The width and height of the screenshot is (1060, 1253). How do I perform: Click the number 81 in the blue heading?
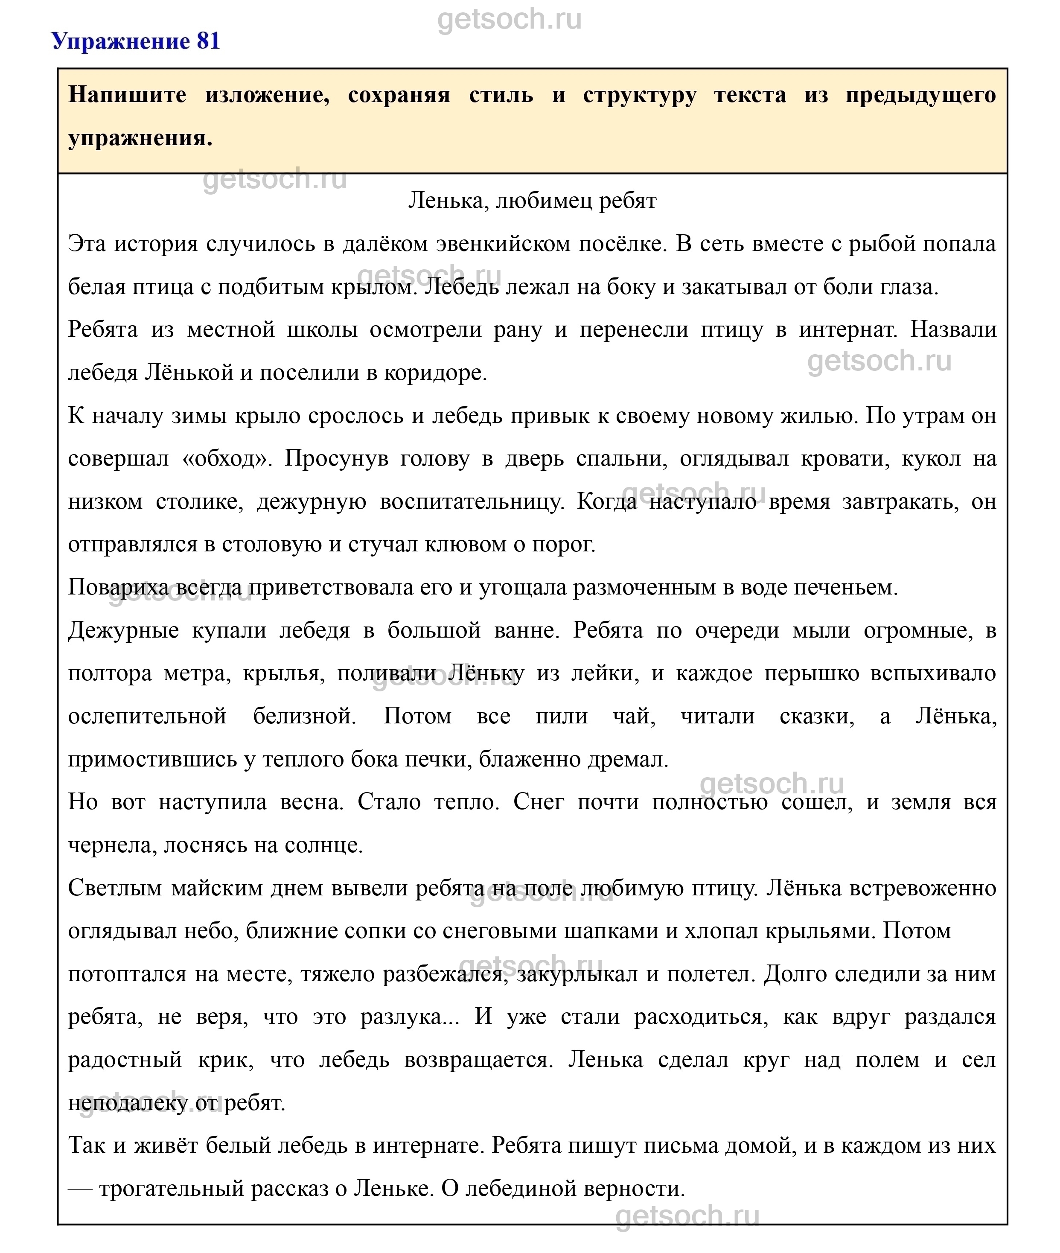pos(208,41)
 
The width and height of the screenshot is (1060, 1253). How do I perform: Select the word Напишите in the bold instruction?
pos(127,95)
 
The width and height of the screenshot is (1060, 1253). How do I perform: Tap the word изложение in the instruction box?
pos(267,95)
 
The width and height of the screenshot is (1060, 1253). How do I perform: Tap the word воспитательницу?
pos(472,501)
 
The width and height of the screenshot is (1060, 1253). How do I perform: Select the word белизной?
pos(305,717)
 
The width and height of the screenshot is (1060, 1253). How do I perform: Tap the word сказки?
pos(817,717)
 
